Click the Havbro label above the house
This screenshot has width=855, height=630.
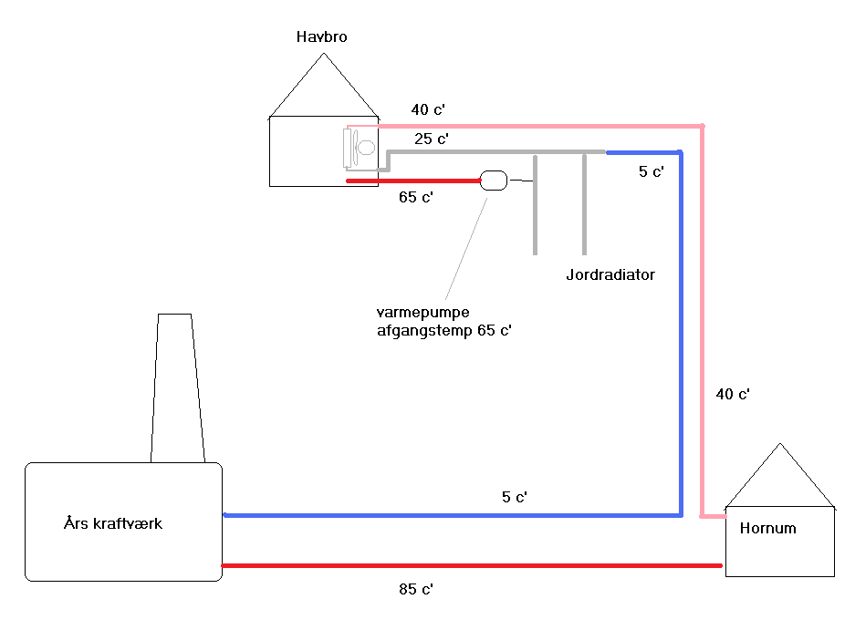(321, 37)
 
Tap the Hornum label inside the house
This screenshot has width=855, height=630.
(767, 528)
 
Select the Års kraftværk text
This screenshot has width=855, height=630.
(113, 523)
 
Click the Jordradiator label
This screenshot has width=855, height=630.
(609, 274)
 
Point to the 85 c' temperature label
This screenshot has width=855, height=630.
(415, 589)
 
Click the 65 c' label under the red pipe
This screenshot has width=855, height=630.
(415, 197)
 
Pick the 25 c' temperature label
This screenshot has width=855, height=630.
(431, 139)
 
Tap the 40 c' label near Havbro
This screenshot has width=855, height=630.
(428, 109)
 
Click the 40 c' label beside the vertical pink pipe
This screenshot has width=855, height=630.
(732, 394)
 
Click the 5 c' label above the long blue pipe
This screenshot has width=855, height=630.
(515, 497)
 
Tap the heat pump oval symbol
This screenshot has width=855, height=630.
(493, 181)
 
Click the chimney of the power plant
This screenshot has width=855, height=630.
(176, 387)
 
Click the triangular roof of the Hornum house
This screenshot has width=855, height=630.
(780, 479)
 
